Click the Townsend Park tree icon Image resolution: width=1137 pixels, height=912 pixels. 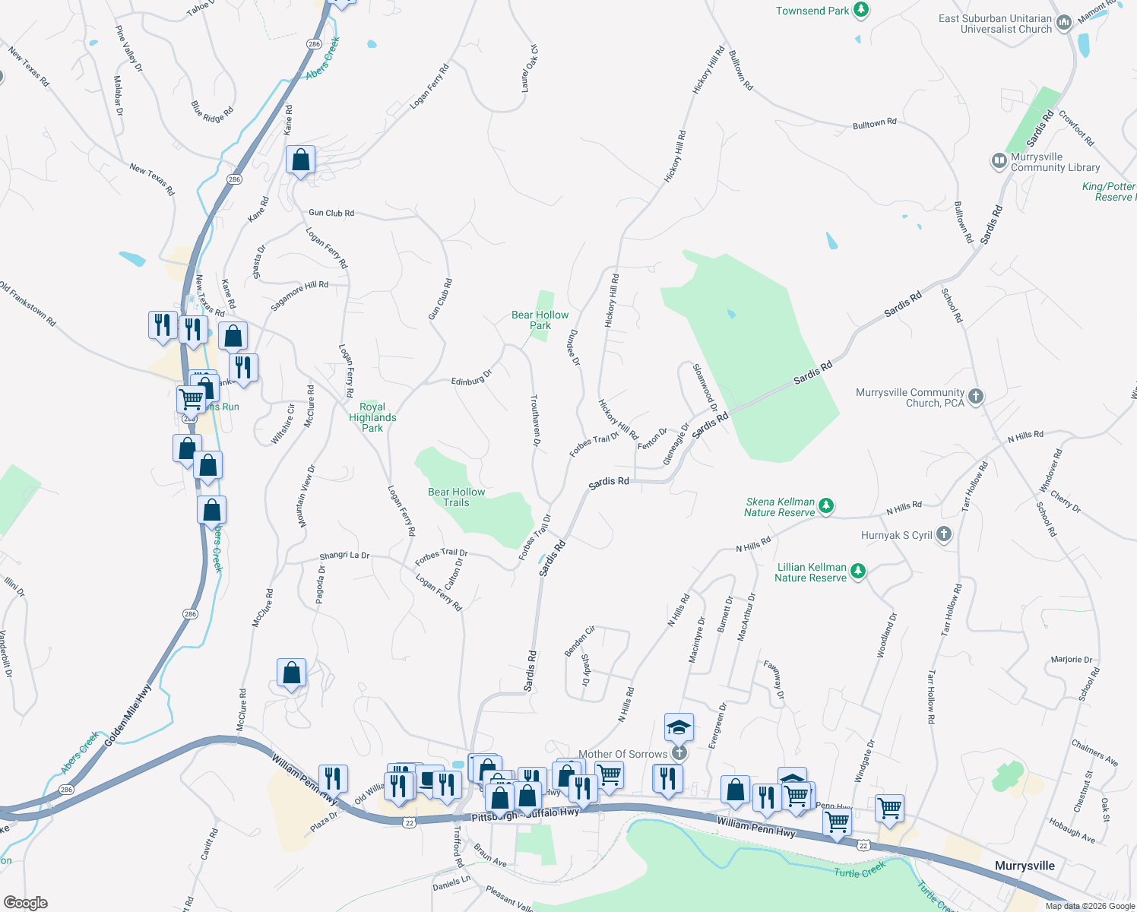click(860, 10)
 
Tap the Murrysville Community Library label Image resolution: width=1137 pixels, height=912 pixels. click(1055, 162)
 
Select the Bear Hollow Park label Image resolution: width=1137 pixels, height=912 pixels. click(540, 320)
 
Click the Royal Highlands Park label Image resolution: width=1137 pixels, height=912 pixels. click(372, 417)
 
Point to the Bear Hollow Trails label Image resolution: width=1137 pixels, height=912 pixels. click(456, 497)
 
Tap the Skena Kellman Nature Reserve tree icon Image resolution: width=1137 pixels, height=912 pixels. click(826, 505)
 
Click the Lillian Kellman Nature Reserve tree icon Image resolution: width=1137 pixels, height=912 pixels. click(858, 571)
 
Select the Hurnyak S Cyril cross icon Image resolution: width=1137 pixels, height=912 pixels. click(943, 534)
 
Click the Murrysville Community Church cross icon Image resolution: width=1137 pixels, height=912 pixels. click(976, 396)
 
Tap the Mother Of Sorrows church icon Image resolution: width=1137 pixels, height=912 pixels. click(679, 753)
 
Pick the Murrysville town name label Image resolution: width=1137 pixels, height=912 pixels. click(1025, 866)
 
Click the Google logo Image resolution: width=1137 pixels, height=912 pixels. click(25, 902)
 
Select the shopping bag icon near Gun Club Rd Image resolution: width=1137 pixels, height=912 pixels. click(300, 160)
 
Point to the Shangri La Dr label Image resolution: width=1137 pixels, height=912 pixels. click(344, 556)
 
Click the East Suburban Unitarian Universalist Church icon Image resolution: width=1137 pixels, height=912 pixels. click(1064, 23)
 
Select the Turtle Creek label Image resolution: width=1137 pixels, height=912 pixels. click(860, 869)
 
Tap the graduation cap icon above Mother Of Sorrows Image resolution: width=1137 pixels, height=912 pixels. click(678, 727)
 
